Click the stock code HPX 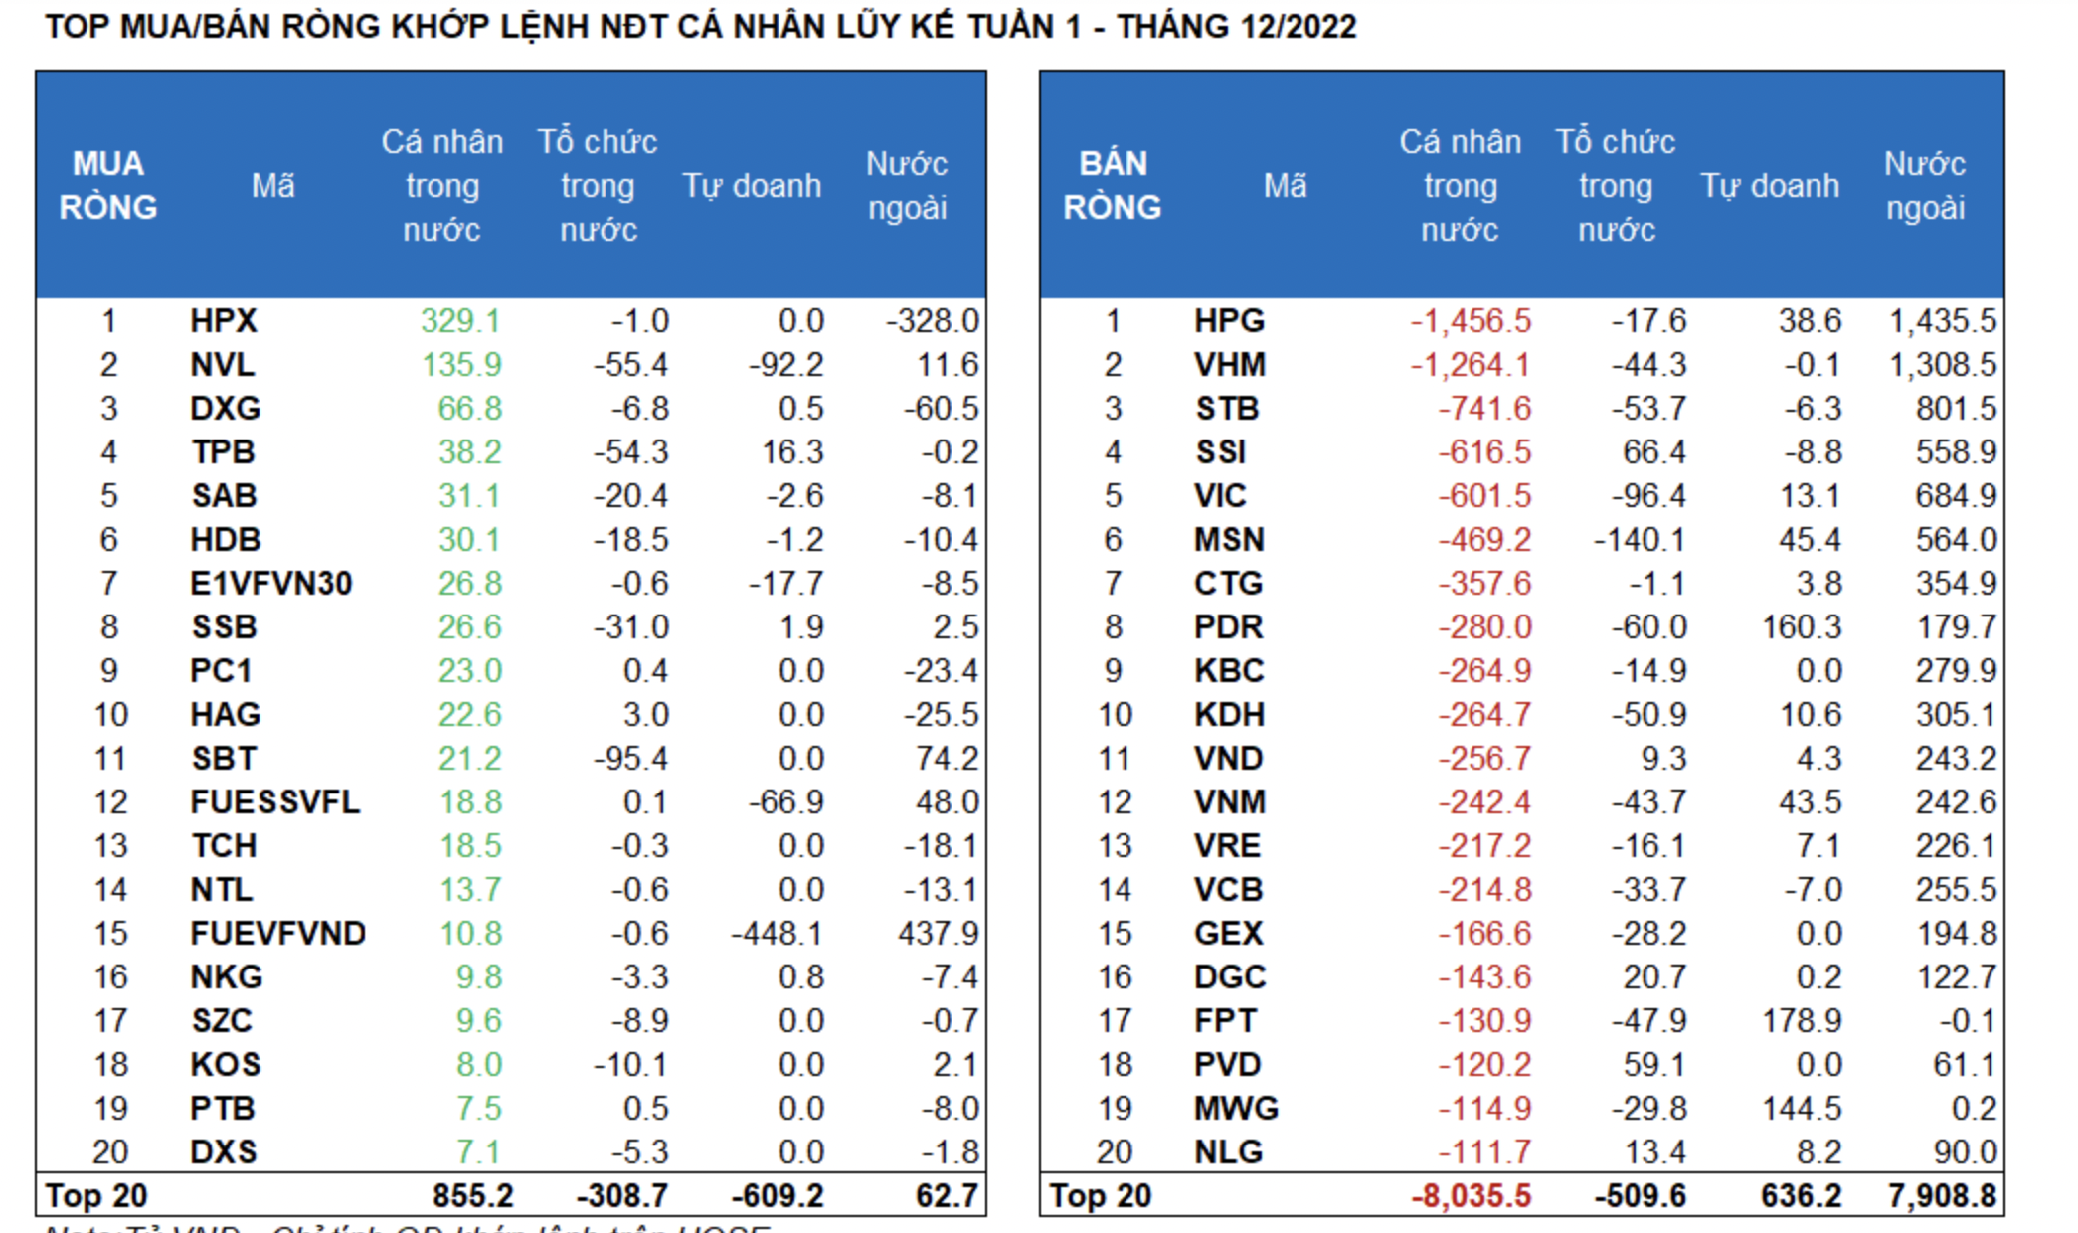click(x=224, y=321)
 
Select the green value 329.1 click(x=460, y=321)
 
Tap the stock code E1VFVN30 click(x=270, y=584)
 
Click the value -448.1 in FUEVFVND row click(x=777, y=934)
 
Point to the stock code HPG click(x=1229, y=321)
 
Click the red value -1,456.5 click(x=1471, y=321)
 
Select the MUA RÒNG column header click(x=108, y=185)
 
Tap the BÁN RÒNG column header click(x=1113, y=185)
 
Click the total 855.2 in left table click(x=472, y=1195)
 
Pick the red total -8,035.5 click(x=1471, y=1195)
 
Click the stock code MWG click(x=1236, y=1109)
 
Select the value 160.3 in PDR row click(x=1802, y=627)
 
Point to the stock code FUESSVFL click(x=274, y=802)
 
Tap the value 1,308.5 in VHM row click(x=1942, y=365)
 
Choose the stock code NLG click(x=1228, y=1152)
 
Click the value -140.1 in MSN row click(x=1640, y=540)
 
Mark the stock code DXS click(x=224, y=1152)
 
